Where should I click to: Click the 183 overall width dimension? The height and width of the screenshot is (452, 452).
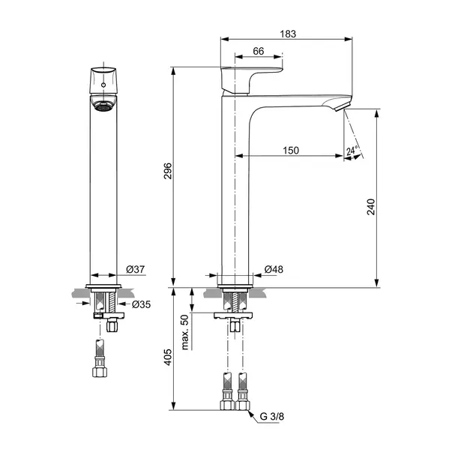[x=288, y=34]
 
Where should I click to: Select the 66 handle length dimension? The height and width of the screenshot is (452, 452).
[x=259, y=51]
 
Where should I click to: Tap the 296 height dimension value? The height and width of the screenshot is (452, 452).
[x=168, y=171]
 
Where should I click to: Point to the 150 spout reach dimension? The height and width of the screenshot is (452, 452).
[x=291, y=151]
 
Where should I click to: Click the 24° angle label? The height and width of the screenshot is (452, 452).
[x=352, y=150]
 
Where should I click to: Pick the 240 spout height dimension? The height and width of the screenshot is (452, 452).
[x=371, y=207]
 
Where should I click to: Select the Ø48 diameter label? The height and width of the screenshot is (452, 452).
[x=274, y=269]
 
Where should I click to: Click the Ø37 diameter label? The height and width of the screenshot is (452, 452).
[x=136, y=269]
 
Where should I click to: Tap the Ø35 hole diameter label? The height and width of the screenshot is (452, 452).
[x=141, y=304]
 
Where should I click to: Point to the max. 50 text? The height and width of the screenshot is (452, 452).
[x=185, y=332]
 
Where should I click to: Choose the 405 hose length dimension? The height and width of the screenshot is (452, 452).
[x=168, y=358]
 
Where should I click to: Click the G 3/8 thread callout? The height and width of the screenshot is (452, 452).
[x=272, y=416]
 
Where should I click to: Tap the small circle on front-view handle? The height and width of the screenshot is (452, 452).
[x=103, y=85]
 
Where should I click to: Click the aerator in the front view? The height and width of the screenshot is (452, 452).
[x=103, y=107]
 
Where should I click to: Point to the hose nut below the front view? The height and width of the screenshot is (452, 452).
[x=100, y=372]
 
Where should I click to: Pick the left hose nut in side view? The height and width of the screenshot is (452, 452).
[x=227, y=405]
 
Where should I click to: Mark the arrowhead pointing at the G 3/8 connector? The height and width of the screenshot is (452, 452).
[x=250, y=414]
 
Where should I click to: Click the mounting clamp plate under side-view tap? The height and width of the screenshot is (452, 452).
[x=233, y=316]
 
